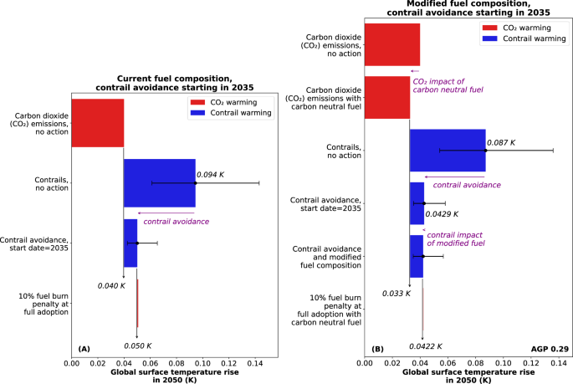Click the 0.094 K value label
(x=212, y=175)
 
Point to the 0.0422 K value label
(x=425, y=346)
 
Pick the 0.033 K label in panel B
(x=394, y=294)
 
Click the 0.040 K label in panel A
(x=110, y=285)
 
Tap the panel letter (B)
(x=377, y=347)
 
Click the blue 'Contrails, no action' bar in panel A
(x=159, y=182)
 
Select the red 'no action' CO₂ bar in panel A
(x=97, y=122)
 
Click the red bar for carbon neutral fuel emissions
(x=386, y=97)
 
